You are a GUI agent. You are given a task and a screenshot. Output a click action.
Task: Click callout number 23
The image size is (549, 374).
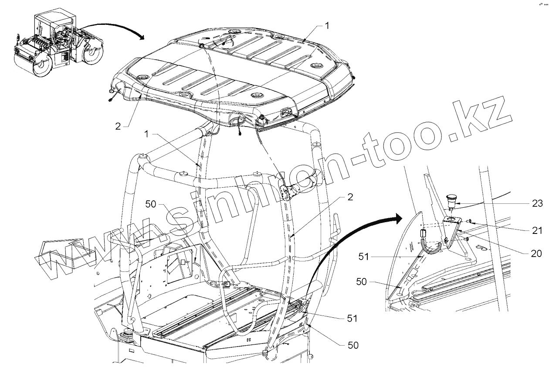537,203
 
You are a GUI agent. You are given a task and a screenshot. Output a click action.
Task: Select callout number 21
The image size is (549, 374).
537,230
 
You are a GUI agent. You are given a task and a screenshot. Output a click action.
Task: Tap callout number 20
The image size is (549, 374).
537,253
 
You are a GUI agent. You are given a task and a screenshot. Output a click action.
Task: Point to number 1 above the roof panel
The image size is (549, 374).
327,26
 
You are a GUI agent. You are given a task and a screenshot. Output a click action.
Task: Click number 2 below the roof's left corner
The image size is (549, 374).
118,127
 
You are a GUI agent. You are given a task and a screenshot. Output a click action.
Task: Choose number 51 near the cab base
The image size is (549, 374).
352,319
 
